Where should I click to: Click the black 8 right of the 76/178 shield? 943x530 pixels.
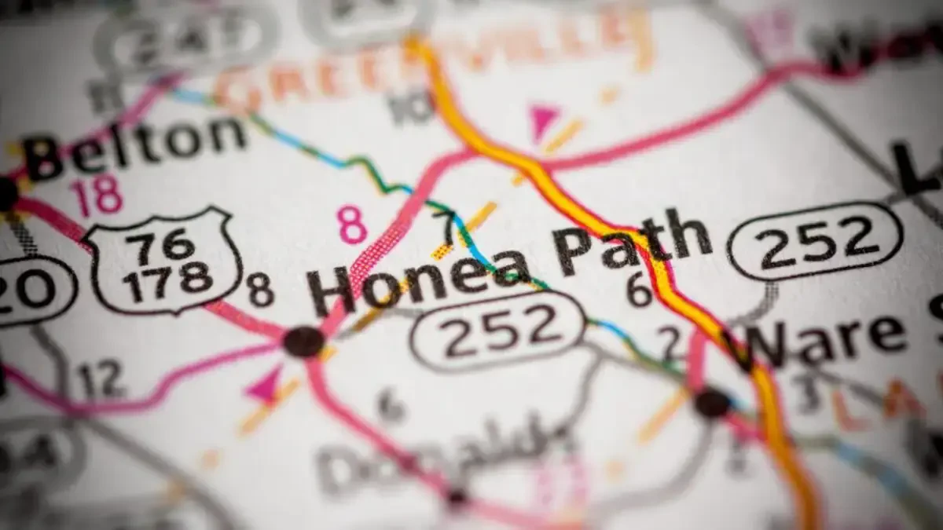261,290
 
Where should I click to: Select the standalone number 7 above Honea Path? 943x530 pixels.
447,228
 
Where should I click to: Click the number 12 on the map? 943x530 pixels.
101,380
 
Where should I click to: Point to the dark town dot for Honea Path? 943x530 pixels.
304,342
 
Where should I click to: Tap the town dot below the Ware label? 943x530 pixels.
712,402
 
